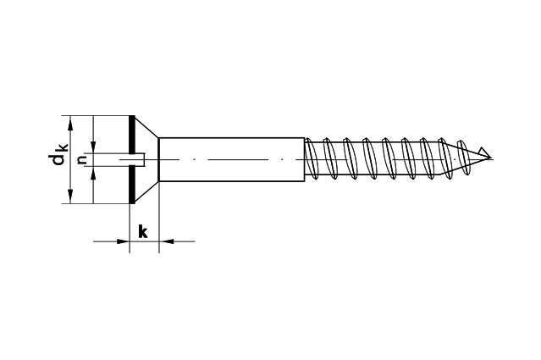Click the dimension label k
[143, 231]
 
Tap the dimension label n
[82, 159]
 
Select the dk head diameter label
[58, 154]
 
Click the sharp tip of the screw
[490, 159]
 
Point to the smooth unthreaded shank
[231, 159]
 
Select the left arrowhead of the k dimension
[123, 241]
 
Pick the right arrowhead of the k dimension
[166, 241]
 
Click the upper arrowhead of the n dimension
[93, 147]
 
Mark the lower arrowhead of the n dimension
[93, 173]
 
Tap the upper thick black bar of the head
[131, 135]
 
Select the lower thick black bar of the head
[131, 185]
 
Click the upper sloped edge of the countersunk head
[146, 127]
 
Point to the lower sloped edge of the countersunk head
[146, 192]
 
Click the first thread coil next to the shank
[312, 158]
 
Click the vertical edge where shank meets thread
[305, 159]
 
